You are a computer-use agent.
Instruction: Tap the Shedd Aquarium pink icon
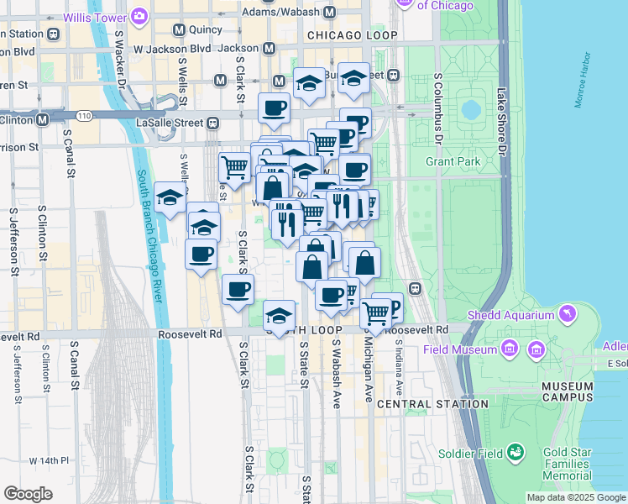tap(568, 314)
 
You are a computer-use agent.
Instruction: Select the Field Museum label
tap(461, 349)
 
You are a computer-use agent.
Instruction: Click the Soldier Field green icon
tap(515, 454)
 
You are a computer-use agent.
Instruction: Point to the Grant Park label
tap(453, 160)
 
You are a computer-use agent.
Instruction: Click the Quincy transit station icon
tap(178, 30)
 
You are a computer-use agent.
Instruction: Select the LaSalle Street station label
tap(170, 123)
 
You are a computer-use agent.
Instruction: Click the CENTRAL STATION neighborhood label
tap(432, 404)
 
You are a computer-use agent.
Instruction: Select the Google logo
tap(29, 494)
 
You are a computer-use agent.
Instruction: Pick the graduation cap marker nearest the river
tap(170, 198)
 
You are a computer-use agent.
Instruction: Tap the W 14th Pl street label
tap(48, 460)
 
